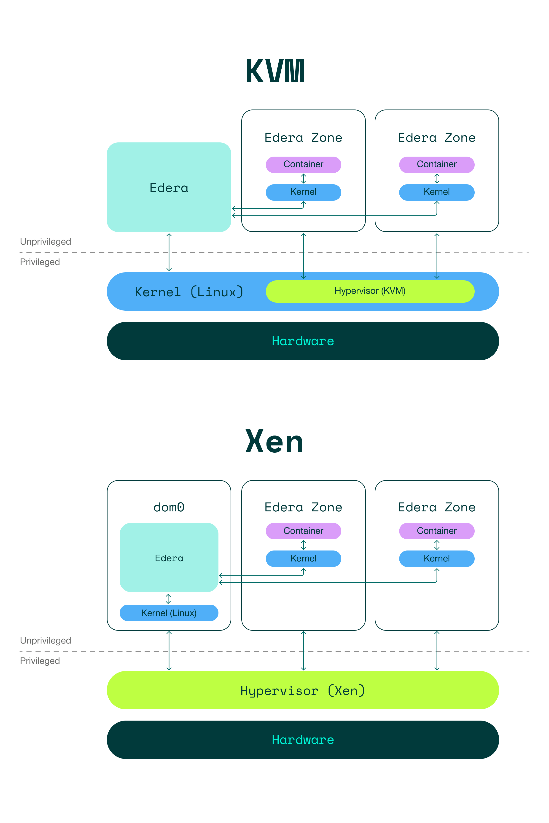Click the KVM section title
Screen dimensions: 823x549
tap(275, 71)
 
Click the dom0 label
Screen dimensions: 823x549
tap(169, 507)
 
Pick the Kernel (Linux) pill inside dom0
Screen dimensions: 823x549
tap(169, 613)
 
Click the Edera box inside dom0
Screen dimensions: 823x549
tap(169, 558)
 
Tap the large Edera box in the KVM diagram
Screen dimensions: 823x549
tap(169, 187)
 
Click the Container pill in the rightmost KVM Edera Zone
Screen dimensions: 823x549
tap(437, 164)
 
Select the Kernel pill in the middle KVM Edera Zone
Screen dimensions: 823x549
tap(303, 192)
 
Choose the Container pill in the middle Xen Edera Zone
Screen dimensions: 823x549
tap(303, 531)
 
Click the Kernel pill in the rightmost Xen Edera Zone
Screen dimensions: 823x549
tap(437, 558)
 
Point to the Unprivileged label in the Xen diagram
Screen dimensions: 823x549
tap(46, 640)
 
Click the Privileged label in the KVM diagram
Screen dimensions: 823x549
tap(40, 262)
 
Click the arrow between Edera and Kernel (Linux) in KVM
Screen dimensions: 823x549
tap(169, 252)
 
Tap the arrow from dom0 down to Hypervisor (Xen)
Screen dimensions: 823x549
tap(169, 651)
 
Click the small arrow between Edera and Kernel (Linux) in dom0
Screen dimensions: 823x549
tap(168, 599)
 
